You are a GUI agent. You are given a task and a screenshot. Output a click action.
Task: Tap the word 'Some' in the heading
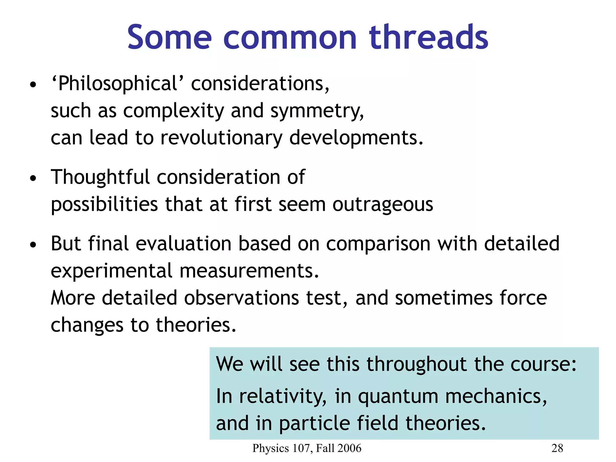169,38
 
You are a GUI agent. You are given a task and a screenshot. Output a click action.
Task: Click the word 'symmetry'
316,111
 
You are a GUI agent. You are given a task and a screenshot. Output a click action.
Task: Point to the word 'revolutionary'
221,138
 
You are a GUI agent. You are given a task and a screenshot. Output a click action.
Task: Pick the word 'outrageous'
383,205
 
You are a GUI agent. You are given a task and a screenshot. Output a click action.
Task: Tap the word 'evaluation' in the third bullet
183,243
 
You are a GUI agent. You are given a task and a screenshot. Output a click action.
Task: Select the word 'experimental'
111,271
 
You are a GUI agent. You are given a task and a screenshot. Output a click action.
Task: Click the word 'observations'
241,298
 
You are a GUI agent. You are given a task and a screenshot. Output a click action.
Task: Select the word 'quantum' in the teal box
398,396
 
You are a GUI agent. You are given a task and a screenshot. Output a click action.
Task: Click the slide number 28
557,448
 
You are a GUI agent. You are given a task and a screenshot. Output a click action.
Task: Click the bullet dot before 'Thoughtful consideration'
33,178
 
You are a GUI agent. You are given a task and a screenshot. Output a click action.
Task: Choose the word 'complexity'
174,111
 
